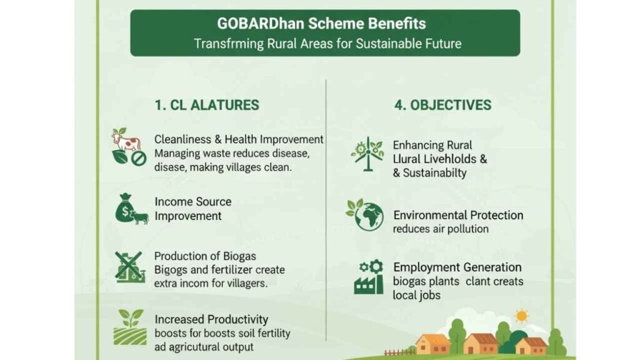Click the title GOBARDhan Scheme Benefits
tap(321, 24)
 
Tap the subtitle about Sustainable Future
tap(327, 44)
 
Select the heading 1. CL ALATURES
tap(206, 105)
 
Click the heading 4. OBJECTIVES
tap(443, 105)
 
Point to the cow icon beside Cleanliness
tap(126, 140)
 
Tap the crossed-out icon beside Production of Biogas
tap(130, 267)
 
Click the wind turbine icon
tap(367, 154)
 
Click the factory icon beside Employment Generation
tap(369, 277)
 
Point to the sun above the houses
tap(521, 316)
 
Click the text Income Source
tap(192, 202)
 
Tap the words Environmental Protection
tap(458, 215)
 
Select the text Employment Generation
tap(457, 267)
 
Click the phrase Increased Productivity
tap(211, 319)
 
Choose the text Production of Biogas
tap(205, 256)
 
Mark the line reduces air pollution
tap(441, 229)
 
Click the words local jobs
tap(416, 295)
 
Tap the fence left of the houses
tap(399, 352)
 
